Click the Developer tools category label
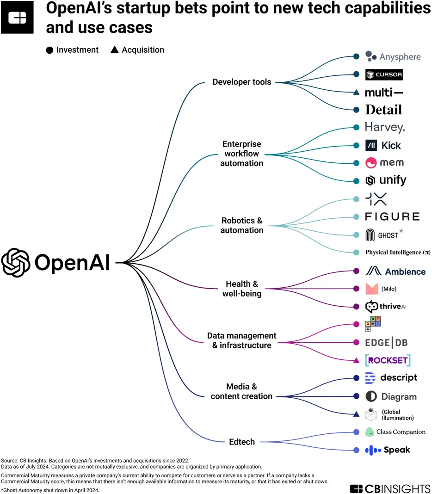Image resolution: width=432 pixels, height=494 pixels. (x=242, y=82)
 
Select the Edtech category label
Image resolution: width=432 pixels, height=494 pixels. (x=242, y=442)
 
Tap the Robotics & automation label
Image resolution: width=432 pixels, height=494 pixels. (x=242, y=225)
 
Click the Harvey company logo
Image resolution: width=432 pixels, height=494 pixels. (x=385, y=127)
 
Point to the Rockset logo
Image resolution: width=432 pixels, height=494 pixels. (x=388, y=360)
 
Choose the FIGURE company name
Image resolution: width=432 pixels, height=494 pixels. (x=392, y=216)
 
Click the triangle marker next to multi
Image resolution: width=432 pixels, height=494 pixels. (x=356, y=93)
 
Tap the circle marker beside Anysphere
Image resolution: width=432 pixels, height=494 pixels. (x=356, y=56)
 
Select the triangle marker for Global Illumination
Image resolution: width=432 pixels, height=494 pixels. (x=356, y=414)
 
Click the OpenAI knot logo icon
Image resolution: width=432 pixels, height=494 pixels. (x=16, y=263)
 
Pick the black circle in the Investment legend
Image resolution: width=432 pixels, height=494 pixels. (x=49, y=50)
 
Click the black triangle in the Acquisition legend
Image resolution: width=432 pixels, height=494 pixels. (x=114, y=50)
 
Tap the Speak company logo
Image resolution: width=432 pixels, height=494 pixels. (x=388, y=450)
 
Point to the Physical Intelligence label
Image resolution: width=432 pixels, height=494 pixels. (x=398, y=253)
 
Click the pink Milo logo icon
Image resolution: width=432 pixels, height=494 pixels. (x=372, y=289)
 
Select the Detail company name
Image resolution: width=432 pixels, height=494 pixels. (x=383, y=110)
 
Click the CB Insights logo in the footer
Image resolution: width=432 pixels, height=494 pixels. (x=389, y=488)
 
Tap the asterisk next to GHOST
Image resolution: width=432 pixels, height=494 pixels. (x=401, y=230)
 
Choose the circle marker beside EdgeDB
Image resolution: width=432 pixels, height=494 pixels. (x=356, y=343)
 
